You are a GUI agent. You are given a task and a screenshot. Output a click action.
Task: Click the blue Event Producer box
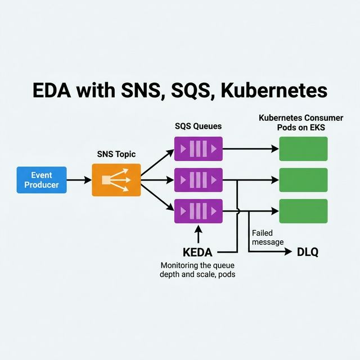[x=42, y=180]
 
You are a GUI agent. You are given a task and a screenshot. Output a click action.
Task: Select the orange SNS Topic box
[x=115, y=180]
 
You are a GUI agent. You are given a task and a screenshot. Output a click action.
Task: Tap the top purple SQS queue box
[x=198, y=149]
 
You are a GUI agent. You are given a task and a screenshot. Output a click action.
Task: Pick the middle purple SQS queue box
[x=198, y=180]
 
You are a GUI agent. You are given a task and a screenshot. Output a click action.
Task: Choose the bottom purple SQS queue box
[x=198, y=211]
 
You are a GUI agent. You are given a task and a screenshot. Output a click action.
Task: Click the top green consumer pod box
[x=303, y=149]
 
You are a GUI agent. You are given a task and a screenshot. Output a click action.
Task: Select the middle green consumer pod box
[x=303, y=180]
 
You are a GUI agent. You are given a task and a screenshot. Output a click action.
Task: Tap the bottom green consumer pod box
[x=303, y=211]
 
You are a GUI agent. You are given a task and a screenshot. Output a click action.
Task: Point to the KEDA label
[x=197, y=253]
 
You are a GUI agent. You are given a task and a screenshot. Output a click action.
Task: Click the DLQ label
[x=307, y=253]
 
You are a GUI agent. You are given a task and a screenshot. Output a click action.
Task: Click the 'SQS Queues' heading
[x=198, y=127]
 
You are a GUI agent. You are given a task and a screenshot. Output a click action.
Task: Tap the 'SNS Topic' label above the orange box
[x=116, y=154]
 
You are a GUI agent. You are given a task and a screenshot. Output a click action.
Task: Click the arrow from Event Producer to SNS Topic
[x=79, y=180]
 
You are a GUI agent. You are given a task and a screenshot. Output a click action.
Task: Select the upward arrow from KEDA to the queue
[x=198, y=233]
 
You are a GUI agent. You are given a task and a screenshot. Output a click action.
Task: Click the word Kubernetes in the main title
[x=276, y=92]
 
